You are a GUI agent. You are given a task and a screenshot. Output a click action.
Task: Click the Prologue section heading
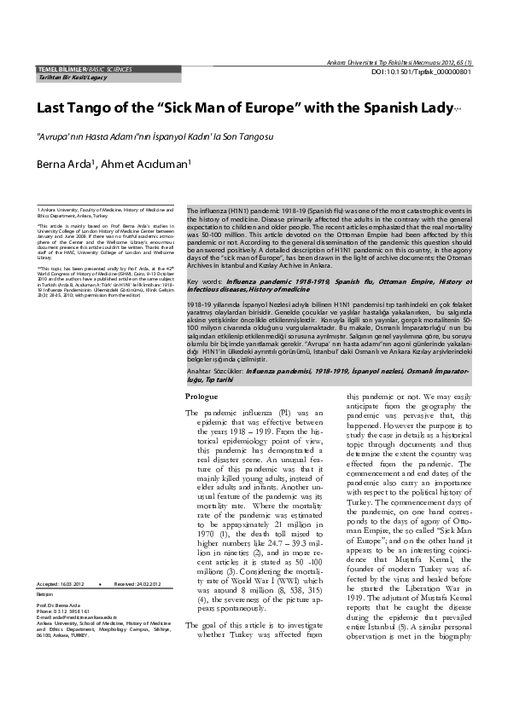[201, 397]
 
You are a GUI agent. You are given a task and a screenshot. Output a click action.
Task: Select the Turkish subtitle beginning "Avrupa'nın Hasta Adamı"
[154, 136]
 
